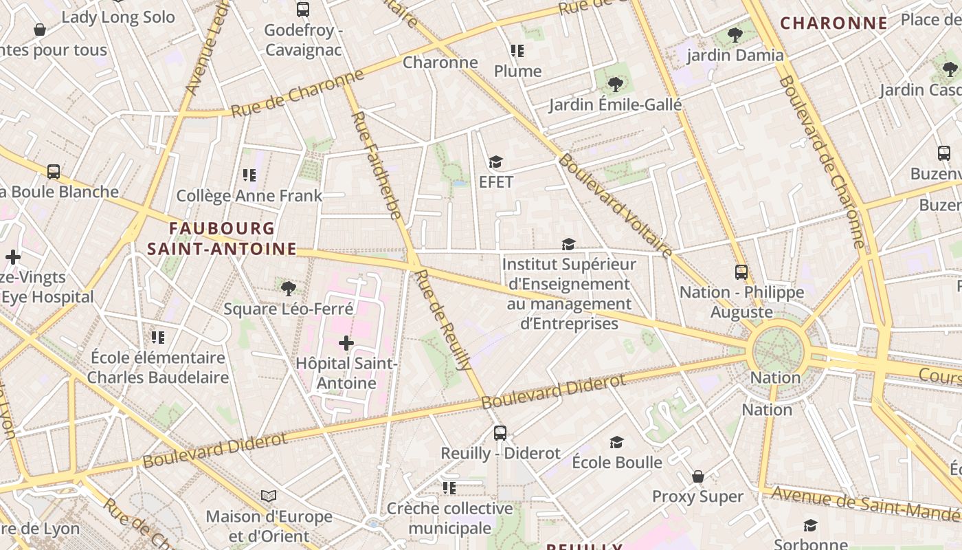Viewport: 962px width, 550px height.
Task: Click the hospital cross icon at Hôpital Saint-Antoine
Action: tap(346, 342)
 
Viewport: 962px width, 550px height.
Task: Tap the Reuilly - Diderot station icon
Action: tap(500, 433)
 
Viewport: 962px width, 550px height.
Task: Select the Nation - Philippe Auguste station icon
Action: tap(741, 272)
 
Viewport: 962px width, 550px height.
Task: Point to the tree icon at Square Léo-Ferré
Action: tap(289, 288)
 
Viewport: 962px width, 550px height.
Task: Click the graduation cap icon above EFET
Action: tap(495, 162)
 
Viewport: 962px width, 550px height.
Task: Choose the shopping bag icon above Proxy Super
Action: tap(697, 476)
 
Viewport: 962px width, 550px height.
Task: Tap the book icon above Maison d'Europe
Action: tap(269, 496)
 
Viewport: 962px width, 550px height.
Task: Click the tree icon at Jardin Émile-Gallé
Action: tap(615, 85)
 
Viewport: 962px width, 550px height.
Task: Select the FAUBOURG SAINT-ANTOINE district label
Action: tap(221, 239)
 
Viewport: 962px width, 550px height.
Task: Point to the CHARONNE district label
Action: tap(834, 23)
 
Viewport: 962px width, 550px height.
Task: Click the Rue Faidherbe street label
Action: tap(376, 165)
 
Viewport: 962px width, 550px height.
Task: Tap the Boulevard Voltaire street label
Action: tap(615, 206)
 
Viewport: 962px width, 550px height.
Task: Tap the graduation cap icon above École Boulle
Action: tap(616, 442)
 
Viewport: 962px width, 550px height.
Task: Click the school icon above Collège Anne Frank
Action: tap(249, 175)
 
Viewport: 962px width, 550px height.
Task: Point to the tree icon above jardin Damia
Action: tap(735, 34)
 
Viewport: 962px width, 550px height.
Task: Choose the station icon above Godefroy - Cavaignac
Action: tap(302, 10)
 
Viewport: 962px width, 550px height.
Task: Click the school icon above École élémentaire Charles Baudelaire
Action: tap(158, 337)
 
